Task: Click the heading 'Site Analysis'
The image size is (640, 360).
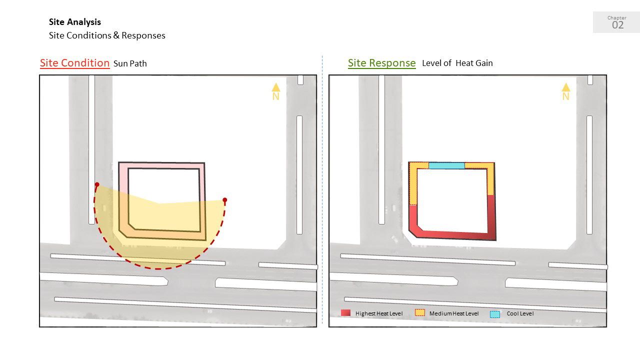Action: point(75,22)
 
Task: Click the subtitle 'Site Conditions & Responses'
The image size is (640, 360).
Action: point(107,35)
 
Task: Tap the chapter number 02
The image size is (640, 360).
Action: point(617,25)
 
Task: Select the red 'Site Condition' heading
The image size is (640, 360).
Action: point(74,63)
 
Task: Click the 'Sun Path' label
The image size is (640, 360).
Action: point(130,63)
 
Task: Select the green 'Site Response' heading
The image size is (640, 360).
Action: point(381,63)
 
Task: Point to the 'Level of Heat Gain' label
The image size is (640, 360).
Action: point(457,63)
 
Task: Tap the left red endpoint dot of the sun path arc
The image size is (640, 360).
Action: point(97,184)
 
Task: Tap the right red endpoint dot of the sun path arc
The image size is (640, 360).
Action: point(225,200)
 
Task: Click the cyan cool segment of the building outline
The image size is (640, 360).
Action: point(446,165)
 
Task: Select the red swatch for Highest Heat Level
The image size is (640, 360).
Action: point(345,313)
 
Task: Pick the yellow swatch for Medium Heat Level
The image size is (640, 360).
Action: point(420,313)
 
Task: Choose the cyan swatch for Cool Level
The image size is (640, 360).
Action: point(495,314)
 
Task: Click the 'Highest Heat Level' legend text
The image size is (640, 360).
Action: point(379,313)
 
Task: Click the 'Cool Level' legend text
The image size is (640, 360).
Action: point(520,313)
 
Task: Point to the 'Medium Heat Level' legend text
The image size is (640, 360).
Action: point(453,313)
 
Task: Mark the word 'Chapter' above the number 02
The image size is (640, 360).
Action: point(617,18)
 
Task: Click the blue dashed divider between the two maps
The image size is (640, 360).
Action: point(322,190)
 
